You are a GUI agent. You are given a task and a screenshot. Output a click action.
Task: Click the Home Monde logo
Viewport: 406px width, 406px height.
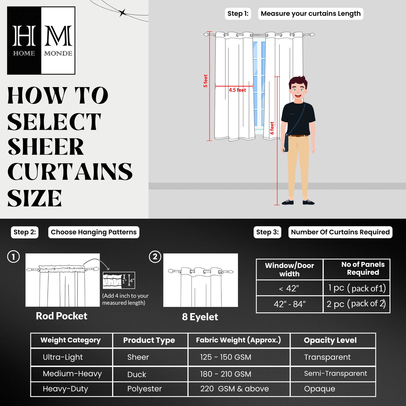41,40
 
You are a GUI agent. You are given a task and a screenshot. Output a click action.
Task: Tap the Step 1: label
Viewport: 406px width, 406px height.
238,14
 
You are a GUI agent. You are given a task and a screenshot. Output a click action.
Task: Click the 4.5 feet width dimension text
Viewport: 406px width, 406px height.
237,90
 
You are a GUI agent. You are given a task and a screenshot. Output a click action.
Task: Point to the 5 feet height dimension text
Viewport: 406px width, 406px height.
205,81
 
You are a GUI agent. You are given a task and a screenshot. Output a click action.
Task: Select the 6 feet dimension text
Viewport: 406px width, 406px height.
272,128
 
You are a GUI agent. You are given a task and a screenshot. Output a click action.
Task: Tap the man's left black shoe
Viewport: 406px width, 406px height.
288,202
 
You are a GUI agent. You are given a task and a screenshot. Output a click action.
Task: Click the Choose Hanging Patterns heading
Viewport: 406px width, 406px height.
94,232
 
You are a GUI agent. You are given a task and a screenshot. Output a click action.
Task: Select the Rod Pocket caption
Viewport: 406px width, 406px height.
62,316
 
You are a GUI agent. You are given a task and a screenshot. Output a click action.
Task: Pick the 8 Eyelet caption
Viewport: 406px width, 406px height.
200,317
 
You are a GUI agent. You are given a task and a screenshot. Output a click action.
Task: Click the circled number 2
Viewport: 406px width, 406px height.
155,257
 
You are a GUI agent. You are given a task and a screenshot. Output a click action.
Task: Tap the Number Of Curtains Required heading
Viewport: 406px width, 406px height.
340,232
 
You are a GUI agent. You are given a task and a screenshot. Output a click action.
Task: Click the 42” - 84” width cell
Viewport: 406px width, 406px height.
289,304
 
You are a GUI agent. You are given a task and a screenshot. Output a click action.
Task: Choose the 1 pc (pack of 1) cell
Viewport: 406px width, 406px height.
357,288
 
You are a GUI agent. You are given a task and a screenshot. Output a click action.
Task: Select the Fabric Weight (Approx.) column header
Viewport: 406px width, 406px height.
238,340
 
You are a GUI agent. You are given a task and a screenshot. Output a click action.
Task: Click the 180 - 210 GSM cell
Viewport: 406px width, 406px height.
226,374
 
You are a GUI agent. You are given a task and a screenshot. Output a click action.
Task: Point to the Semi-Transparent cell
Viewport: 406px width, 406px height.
335,373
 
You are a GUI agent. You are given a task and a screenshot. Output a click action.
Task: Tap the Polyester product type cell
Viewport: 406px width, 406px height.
144,389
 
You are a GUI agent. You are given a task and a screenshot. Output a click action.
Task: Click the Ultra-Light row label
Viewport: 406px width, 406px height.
63,357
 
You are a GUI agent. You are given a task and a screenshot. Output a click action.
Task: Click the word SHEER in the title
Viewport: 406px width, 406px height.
46,147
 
